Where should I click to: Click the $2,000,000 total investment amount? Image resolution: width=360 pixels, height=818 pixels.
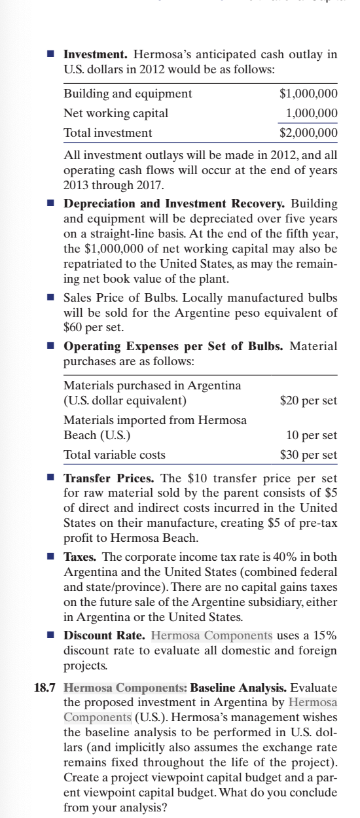coord(308,133)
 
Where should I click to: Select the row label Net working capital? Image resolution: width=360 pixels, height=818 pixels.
coord(116,113)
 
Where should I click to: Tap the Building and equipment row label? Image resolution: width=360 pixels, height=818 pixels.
coord(128,93)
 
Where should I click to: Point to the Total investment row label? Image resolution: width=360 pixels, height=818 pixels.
coord(107,133)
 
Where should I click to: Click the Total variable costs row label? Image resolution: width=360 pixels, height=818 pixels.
coord(114,454)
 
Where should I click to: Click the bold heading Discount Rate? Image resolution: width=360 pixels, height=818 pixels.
coord(105,635)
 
